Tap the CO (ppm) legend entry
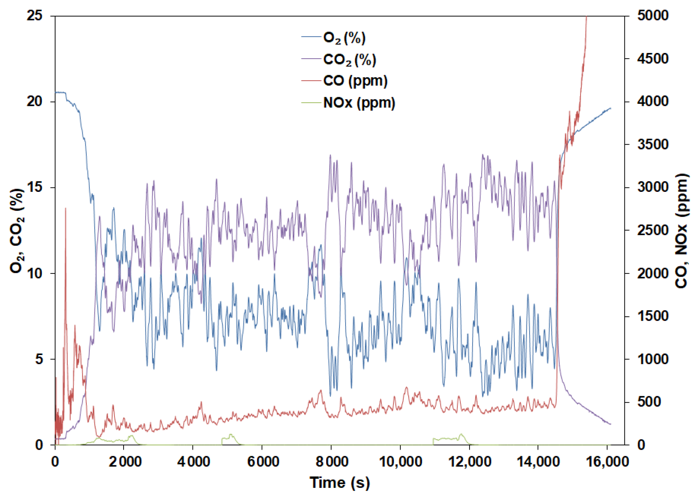pyautogui.click(x=355, y=81)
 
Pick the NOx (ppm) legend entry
pyautogui.click(x=358, y=103)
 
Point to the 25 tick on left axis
pyautogui.click(x=35, y=16)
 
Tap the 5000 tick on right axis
pyautogui.click(x=652, y=16)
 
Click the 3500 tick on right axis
pyautogui.click(x=652, y=144)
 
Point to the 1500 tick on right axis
pyautogui.click(x=652, y=316)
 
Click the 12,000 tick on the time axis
pyautogui.click(x=469, y=461)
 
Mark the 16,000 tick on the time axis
pyautogui.click(x=607, y=461)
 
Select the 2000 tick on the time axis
pyautogui.click(x=125, y=461)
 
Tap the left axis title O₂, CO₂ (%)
pyautogui.click(x=17, y=231)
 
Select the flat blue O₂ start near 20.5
pyautogui.click(x=60, y=92)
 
